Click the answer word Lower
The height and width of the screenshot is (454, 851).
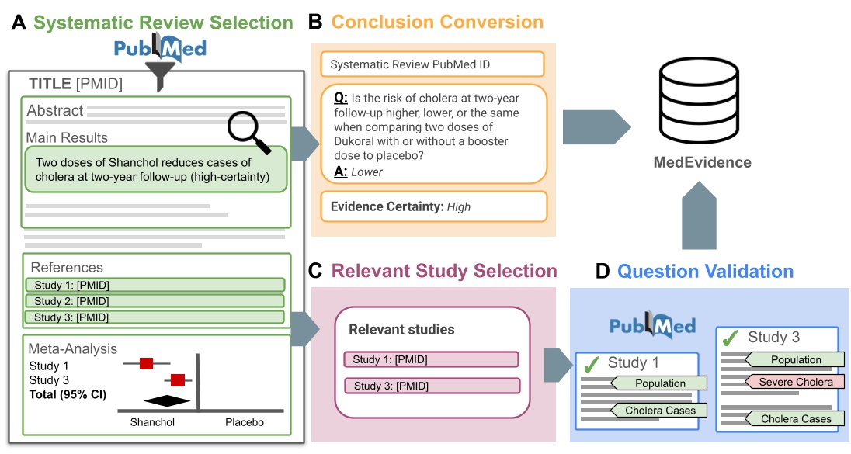click(x=367, y=172)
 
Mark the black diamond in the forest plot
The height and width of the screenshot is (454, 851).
click(x=167, y=400)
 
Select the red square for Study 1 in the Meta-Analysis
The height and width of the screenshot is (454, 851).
click(x=146, y=363)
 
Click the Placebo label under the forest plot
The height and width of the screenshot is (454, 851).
click(x=245, y=423)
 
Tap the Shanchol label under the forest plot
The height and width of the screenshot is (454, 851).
click(x=151, y=423)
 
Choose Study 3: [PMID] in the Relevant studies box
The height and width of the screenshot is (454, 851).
click(x=431, y=386)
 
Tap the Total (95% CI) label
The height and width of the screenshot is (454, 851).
click(x=68, y=393)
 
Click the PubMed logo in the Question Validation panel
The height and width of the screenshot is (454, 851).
click(x=652, y=326)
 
